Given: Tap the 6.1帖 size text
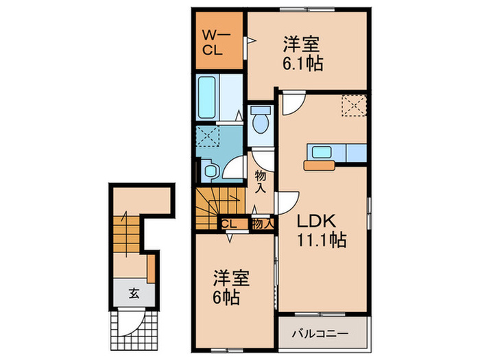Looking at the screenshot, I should [302, 64].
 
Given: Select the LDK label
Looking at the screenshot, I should [315, 222].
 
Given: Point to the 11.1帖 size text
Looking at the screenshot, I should [321, 241].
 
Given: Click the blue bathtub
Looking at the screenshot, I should [208, 97].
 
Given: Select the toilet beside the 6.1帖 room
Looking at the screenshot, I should [260, 123].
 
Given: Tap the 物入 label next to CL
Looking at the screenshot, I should [262, 223].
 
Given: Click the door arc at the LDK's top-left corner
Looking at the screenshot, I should [290, 104].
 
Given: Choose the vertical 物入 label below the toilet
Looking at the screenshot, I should [261, 181].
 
